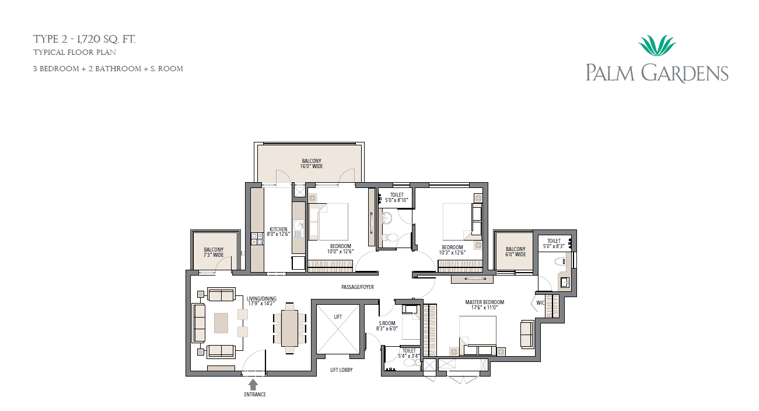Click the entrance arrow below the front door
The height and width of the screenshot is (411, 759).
tap(253, 385)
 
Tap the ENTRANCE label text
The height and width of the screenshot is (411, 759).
tap(255, 395)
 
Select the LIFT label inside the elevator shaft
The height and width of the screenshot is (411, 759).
tap(338, 317)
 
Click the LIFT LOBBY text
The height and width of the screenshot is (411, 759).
tap(341, 370)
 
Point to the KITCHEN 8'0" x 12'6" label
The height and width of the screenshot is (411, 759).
tap(278, 232)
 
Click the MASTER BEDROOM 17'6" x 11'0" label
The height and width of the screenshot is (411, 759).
tap(485, 305)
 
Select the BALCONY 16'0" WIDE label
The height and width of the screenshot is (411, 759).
tap(312, 163)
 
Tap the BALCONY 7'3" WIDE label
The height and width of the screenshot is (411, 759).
tap(214, 252)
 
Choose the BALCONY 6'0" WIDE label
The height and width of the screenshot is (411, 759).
tap(515, 252)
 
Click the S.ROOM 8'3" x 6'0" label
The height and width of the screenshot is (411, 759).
tap(387, 326)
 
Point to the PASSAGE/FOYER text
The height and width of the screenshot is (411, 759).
tap(358, 287)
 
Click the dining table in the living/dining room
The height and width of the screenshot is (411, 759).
tap(289, 328)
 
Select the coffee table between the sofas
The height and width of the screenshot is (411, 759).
tap(221, 323)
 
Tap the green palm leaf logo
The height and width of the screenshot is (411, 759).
tap(657, 46)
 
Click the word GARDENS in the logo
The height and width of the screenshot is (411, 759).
tap(684, 73)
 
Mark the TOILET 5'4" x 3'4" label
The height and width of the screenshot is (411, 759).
tap(408, 353)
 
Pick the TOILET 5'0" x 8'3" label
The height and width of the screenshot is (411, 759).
tap(554, 243)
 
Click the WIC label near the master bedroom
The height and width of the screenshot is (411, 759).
tap(540, 303)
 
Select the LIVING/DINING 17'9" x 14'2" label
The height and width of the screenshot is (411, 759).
tap(261, 301)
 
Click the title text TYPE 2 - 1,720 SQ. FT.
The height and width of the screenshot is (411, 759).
tap(85, 39)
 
